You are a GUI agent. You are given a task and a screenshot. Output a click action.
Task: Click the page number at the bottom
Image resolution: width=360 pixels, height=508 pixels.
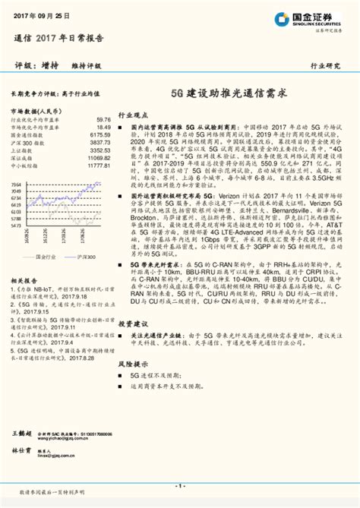point(180,486)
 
